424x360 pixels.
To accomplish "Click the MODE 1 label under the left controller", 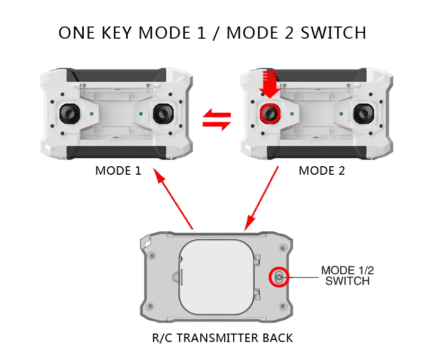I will [118, 170].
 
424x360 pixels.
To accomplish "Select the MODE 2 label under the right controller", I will [322, 170].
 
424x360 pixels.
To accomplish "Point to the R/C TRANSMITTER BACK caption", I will [222, 337].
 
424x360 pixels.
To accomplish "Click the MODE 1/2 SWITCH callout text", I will [348, 275].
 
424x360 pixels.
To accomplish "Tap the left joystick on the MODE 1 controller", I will [70, 113].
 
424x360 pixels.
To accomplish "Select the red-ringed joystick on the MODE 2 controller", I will [270, 113].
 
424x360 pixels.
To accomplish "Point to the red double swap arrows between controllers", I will [217, 119].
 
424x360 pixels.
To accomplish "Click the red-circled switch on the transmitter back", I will [279, 276].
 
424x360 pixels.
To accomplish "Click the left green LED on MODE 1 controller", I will [92, 113].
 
